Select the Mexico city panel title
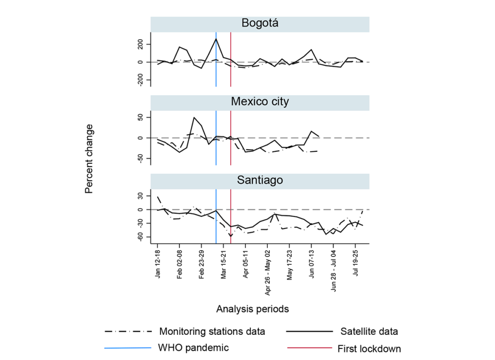260,101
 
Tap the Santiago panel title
260,180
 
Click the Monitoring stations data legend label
212,331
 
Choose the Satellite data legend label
369,331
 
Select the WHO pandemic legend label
193,347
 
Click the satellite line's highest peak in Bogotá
216,39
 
